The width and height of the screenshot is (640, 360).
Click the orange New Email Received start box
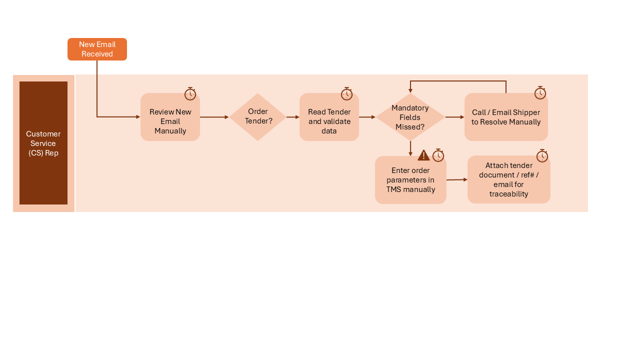pos(97,49)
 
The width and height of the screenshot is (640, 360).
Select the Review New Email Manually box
pos(170,117)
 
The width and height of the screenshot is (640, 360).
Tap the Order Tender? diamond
pos(257,117)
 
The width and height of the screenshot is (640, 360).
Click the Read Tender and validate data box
pos(329,117)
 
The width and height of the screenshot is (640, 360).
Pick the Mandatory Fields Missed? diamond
pos(410,117)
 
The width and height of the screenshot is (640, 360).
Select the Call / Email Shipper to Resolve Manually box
pos(506,117)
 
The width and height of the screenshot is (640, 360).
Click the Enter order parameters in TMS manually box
pos(410,179)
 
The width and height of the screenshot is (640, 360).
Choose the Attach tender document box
pos(509,179)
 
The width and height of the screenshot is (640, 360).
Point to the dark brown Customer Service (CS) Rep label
pos(43,143)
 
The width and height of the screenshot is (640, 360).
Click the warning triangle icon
pos(423,155)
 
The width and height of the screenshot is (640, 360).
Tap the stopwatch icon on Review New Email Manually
pos(190,93)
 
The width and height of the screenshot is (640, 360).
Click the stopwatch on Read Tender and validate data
pos(346,93)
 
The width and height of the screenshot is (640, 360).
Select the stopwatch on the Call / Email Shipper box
pos(540,93)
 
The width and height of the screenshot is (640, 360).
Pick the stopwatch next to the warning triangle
pos(438,155)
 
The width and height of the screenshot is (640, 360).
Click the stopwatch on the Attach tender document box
pos(542,155)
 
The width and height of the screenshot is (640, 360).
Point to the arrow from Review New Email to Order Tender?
pos(214,117)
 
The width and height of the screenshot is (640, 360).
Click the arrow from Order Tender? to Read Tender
pos(293,117)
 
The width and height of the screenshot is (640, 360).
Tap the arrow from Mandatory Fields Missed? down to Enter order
pos(410,148)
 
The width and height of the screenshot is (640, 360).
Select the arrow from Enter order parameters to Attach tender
pos(457,179)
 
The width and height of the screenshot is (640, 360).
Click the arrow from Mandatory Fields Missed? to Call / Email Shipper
pos(455,117)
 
